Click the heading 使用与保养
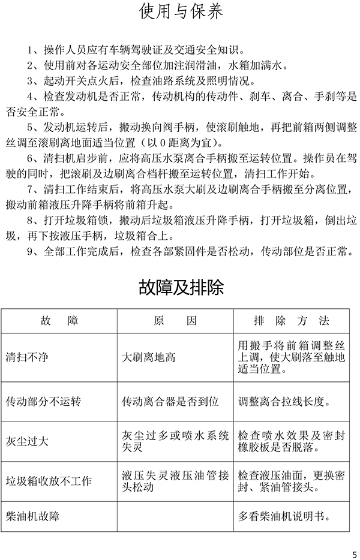point(181,13)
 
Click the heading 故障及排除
point(181,287)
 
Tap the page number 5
point(353,553)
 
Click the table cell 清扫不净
point(26,357)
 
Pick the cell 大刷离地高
point(148,357)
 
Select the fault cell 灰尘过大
point(26,441)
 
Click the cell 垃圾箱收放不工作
point(48,481)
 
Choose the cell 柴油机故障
point(32,516)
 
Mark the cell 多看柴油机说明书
point(291,516)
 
